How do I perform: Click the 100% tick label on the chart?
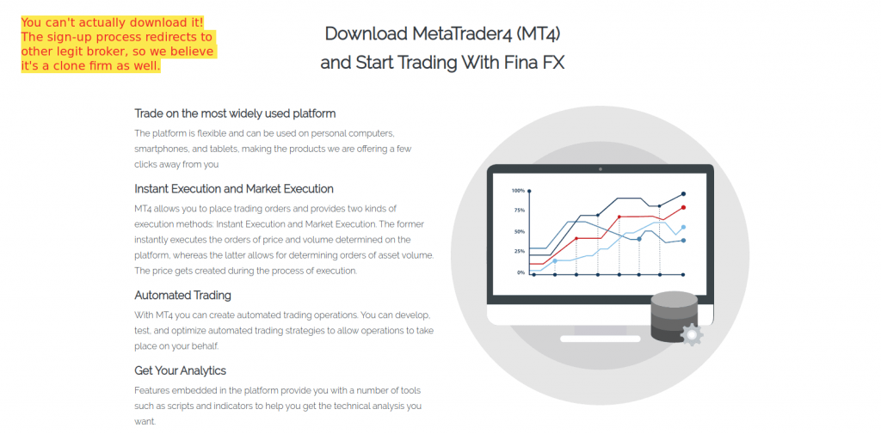click(x=518, y=191)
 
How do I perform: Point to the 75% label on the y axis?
click(x=519, y=211)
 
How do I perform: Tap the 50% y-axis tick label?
click(x=519, y=231)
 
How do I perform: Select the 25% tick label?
click(x=519, y=251)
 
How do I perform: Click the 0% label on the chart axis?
click(x=521, y=272)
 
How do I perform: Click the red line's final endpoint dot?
click(x=683, y=207)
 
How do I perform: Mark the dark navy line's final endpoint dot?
click(x=683, y=193)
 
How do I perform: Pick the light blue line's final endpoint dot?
click(x=683, y=228)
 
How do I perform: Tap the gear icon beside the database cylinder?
click(x=692, y=334)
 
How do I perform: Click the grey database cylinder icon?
click(x=673, y=316)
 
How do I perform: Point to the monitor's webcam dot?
click(x=600, y=169)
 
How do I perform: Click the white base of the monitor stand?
click(x=600, y=339)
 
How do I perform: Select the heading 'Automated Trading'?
click(x=182, y=296)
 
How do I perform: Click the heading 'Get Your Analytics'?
click(x=181, y=370)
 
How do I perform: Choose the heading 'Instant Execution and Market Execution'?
click(x=234, y=189)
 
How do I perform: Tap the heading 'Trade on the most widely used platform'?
click(x=235, y=113)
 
